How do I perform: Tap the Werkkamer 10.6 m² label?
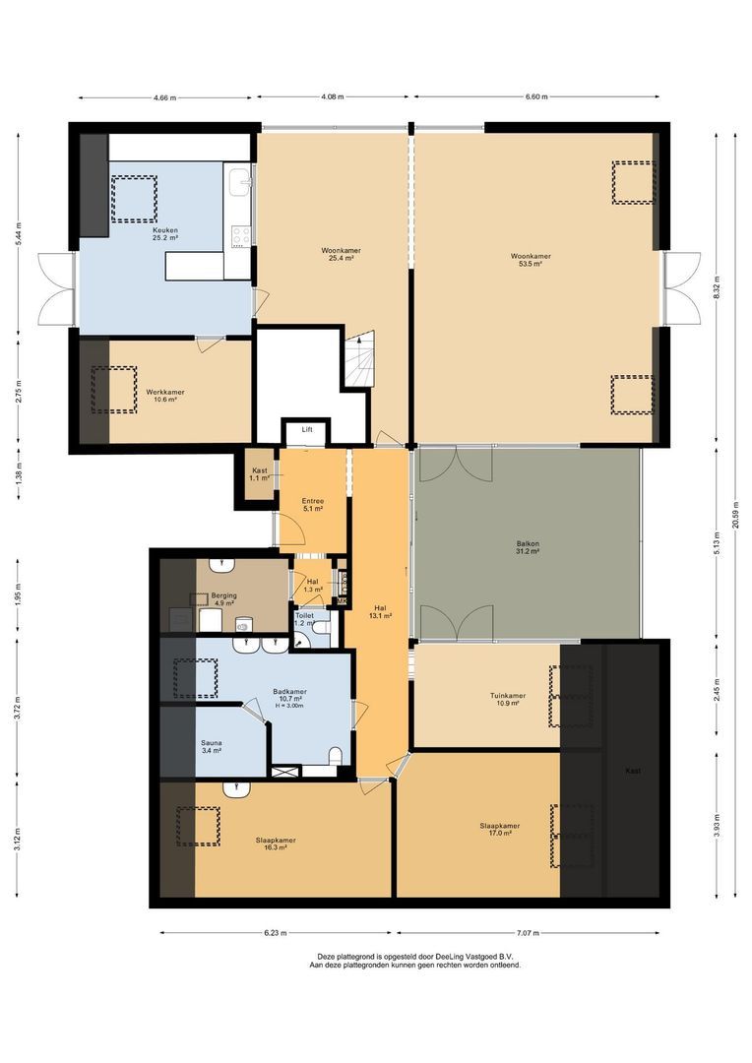[x=164, y=395]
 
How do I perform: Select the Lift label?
[x=307, y=430]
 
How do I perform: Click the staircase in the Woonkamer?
[x=357, y=359]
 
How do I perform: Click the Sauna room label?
[x=211, y=746]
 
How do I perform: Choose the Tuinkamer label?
[x=508, y=699]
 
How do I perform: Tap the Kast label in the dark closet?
[x=632, y=771]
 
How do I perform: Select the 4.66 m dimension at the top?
[x=166, y=97]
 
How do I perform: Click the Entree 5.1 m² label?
[x=313, y=505]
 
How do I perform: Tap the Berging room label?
[x=223, y=599]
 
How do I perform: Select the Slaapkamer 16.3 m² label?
[x=276, y=844]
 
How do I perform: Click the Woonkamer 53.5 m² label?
[x=531, y=260]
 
